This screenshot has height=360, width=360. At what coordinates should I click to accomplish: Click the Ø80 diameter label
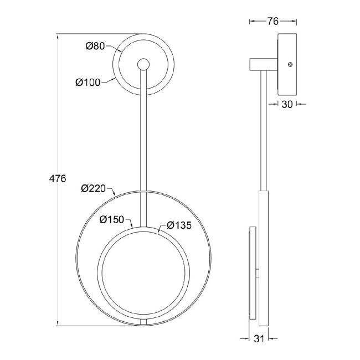coord(95,46)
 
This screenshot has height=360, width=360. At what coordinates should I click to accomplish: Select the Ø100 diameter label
coord(88,83)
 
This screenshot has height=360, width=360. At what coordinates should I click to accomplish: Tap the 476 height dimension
coord(58,178)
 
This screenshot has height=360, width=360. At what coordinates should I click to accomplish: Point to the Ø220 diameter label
coord(93,188)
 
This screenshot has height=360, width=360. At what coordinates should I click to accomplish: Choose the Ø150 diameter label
coord(111,220)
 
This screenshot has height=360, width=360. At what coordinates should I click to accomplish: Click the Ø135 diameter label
coord(179,225)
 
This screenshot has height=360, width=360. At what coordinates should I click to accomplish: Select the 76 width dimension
coord(272,22)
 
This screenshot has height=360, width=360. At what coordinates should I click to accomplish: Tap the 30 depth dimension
coord(287,104)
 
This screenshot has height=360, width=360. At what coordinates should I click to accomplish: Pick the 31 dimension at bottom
coord(259,338)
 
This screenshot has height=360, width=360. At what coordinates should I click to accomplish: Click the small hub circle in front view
coord(143,64)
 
